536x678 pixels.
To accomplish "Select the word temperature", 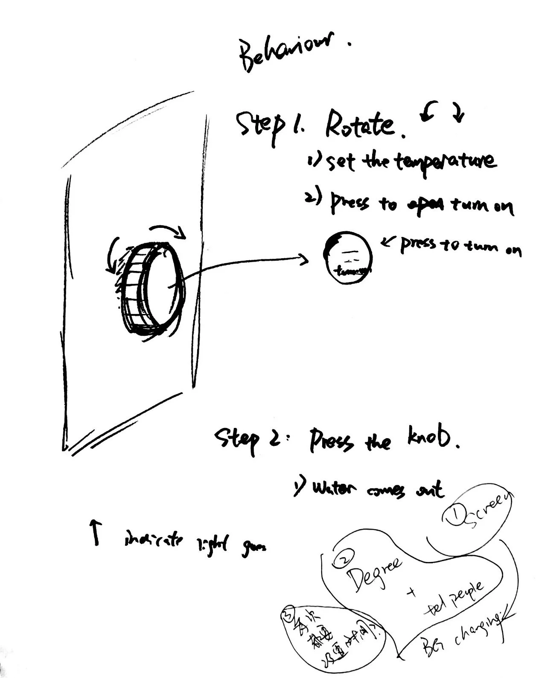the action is click(446, 163).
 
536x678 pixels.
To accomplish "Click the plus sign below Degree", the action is click(412, 593).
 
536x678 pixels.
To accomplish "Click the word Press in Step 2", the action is click(331, 441).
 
